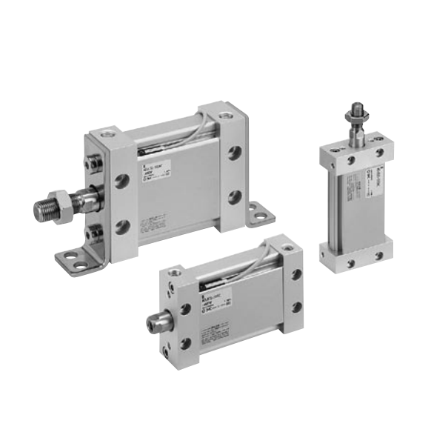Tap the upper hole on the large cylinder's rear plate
(235, 153)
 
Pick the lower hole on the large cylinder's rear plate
(235, 196)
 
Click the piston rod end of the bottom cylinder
(157, 324)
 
